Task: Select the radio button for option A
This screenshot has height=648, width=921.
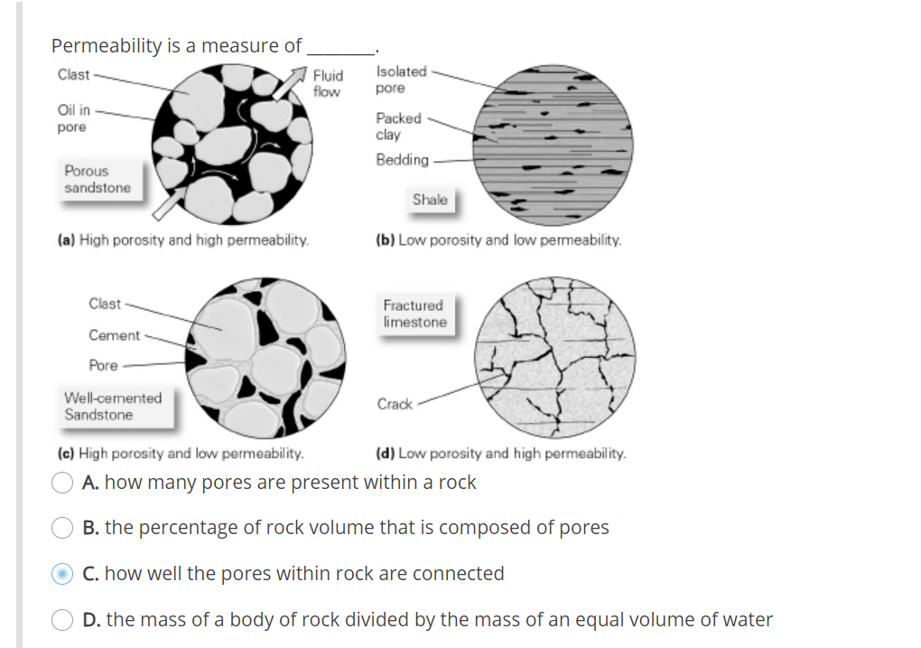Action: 62,483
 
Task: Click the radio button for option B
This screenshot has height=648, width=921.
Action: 62,528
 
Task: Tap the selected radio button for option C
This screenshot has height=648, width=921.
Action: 62,574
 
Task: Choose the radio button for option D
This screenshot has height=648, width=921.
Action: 62,620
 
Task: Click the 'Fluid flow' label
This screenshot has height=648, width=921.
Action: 328,83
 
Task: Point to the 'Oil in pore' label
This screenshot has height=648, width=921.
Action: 73,118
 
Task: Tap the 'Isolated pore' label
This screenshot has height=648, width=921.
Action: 402,80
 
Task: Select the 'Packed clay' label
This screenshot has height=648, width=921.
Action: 398,126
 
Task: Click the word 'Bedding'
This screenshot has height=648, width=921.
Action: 403,160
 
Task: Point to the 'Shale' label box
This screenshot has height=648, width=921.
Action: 430,200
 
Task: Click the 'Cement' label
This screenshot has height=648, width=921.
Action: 114,335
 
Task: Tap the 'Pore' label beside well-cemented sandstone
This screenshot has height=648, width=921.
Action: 103,365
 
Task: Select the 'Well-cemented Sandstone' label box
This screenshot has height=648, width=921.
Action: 113,407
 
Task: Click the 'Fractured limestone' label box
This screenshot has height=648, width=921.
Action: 414,314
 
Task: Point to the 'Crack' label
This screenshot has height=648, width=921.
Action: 395,404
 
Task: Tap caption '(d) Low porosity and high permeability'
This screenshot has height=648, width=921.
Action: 500,453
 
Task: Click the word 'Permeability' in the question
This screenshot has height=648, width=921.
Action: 107,45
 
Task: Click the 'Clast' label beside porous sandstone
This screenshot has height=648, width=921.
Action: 73,74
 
